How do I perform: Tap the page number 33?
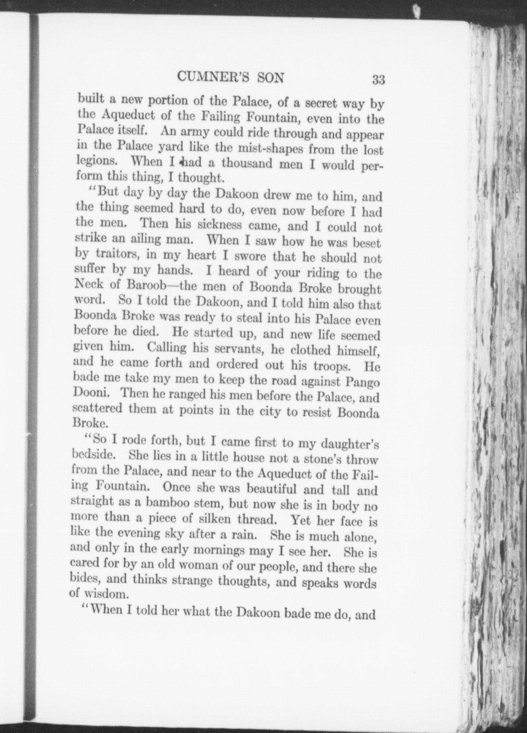(378, 79)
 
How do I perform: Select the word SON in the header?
(270, 78)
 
